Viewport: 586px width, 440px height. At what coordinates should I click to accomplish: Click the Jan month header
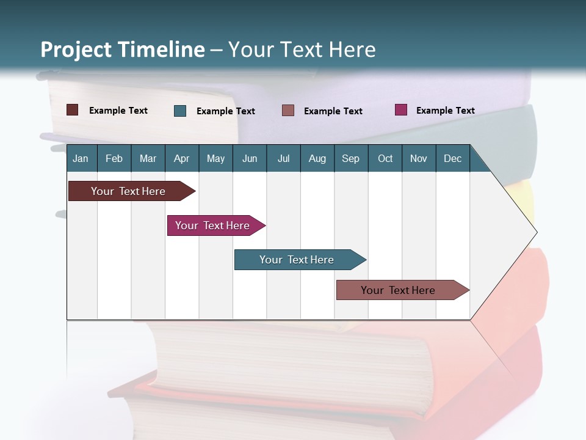pos(81,158)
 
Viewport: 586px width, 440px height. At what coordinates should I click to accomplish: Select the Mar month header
pos(148,158)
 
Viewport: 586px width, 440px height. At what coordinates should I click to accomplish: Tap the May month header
pos(215,158)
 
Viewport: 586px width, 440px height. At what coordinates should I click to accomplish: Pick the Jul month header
pos(283,158)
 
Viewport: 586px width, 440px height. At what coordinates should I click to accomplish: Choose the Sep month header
pos(350,158)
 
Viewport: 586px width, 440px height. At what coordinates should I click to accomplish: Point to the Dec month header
pos(452,158)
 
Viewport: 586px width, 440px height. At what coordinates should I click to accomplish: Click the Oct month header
pos(385,158)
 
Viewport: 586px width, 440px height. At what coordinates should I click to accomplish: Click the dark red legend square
pos(73,110)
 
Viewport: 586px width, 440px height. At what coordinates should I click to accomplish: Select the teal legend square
pos(180,111)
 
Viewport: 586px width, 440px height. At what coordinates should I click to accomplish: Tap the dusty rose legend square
pos(288,111)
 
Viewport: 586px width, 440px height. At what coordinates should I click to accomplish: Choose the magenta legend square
pos(401,110)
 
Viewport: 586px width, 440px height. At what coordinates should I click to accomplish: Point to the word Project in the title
pos(76,50)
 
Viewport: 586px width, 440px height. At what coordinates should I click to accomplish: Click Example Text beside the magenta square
pos(445,111)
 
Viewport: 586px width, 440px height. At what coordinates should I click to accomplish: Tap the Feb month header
pos(114,158)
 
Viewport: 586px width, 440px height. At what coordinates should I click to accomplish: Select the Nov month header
pos(419,158)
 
